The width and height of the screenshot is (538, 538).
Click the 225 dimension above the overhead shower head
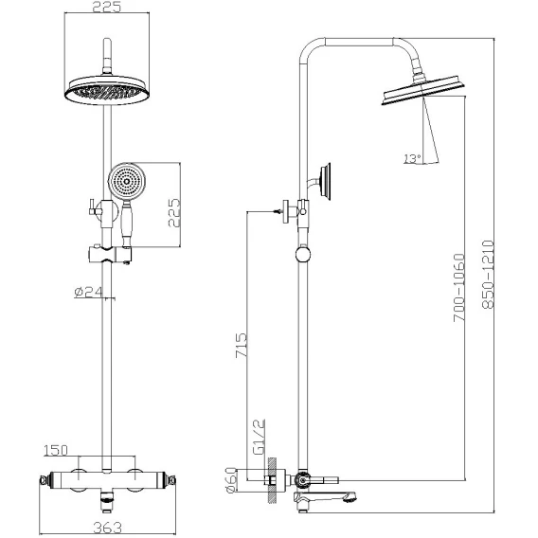[107, 7]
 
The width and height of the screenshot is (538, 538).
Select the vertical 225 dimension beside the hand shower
[174, 212]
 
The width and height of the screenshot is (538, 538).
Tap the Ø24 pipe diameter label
[88, 292]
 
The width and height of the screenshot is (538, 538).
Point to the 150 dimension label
[56, 451]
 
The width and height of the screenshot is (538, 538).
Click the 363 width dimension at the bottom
[107, 528]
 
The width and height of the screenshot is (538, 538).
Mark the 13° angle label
[412, 158]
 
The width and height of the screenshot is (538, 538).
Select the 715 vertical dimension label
[241, 345]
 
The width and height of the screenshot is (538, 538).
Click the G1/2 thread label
[259, 437]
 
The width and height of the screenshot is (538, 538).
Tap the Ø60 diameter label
[232, 480]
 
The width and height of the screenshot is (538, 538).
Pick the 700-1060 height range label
[459, 288]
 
